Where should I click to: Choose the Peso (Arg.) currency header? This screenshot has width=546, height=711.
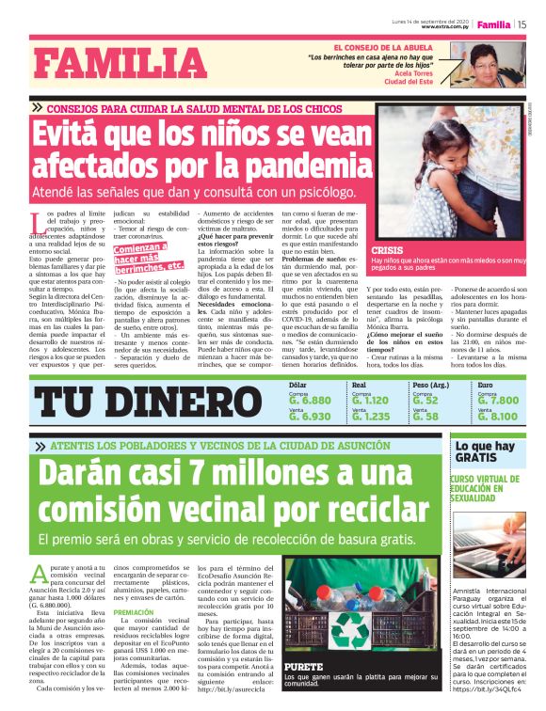point(430,385)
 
